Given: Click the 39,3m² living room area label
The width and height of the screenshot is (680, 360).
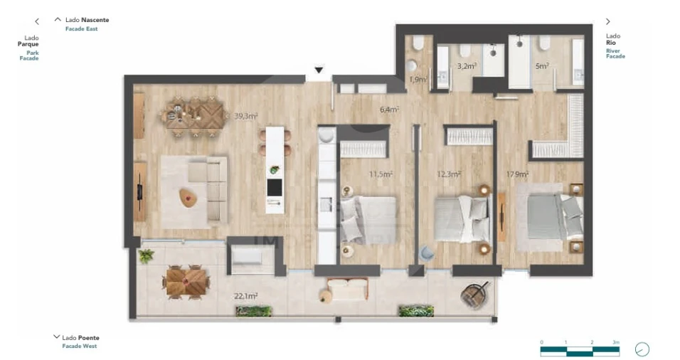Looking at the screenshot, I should tap(245, 116).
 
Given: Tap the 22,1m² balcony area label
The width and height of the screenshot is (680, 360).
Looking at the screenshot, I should tap(246, 295).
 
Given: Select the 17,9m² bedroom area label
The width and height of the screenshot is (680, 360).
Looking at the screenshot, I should tap(517, 174).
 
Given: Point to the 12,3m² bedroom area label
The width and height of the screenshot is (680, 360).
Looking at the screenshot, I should tap(448, 174).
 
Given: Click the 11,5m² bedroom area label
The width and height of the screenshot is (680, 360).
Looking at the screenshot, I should tap(381, 174).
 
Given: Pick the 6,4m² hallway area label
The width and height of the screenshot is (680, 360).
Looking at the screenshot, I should tap(389, 110).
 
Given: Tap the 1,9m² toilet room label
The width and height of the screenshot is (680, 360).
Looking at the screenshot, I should tap(418, 80).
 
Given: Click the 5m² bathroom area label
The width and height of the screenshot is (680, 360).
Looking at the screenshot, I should tap(542, 66).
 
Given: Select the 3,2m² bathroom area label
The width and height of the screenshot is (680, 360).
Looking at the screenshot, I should tap(467, 66).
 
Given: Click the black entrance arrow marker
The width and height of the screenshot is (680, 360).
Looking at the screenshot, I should tap(319, 70).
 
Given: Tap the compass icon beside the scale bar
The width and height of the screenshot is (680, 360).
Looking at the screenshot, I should tap(642, 349).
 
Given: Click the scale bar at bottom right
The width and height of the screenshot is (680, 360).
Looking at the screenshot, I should tap(579, 349).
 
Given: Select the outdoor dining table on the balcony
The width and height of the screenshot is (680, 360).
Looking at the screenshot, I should tap(187, 281).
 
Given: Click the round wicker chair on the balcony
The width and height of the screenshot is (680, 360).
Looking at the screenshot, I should tap(475, 293).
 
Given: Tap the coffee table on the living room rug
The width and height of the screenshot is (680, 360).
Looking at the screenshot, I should tap(188, 198).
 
